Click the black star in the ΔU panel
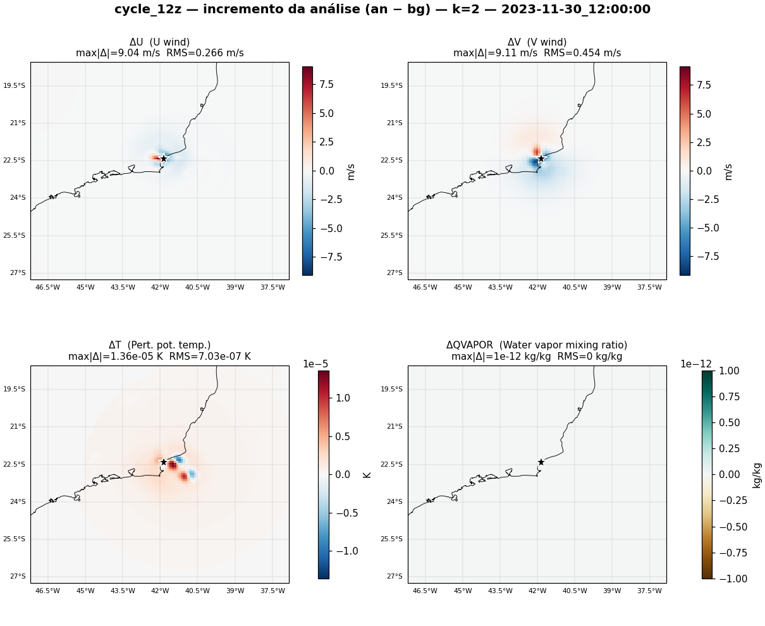pyautogui.click(x=164, y=158)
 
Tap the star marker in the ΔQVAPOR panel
pyautogui.click(x=541, y=462)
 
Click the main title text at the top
pyautogui.click(x=382, y=9)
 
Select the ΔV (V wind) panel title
pyautogui.click(x=537, y=42)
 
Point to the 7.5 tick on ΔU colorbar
pyautogui.click(x=326, y=84)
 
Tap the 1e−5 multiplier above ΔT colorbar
pyautogui.click(x=315, y=364)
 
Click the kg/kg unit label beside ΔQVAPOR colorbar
pyautogui.click(x=757, y=476)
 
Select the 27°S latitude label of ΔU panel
pyautogui.click(x=18, y=273)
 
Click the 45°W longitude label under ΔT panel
pyautogui.click(x=85, y=591)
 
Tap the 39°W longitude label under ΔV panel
pyautogui.click(x=612, y=287)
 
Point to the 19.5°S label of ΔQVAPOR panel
pyautogui.click(x=391, y=389)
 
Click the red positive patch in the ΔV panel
pyautogui.click(x=537, y=150)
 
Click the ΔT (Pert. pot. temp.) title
pyautogui.click(x=159, y=345)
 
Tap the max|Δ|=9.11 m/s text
pyautogui.click(x=495, y=53)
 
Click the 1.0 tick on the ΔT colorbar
pyautogui.click(x=343, y=398)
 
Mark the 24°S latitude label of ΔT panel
pyautogui.click(x=18, y=501)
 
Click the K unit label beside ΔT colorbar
pyautogui.click(x=367, y=475)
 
